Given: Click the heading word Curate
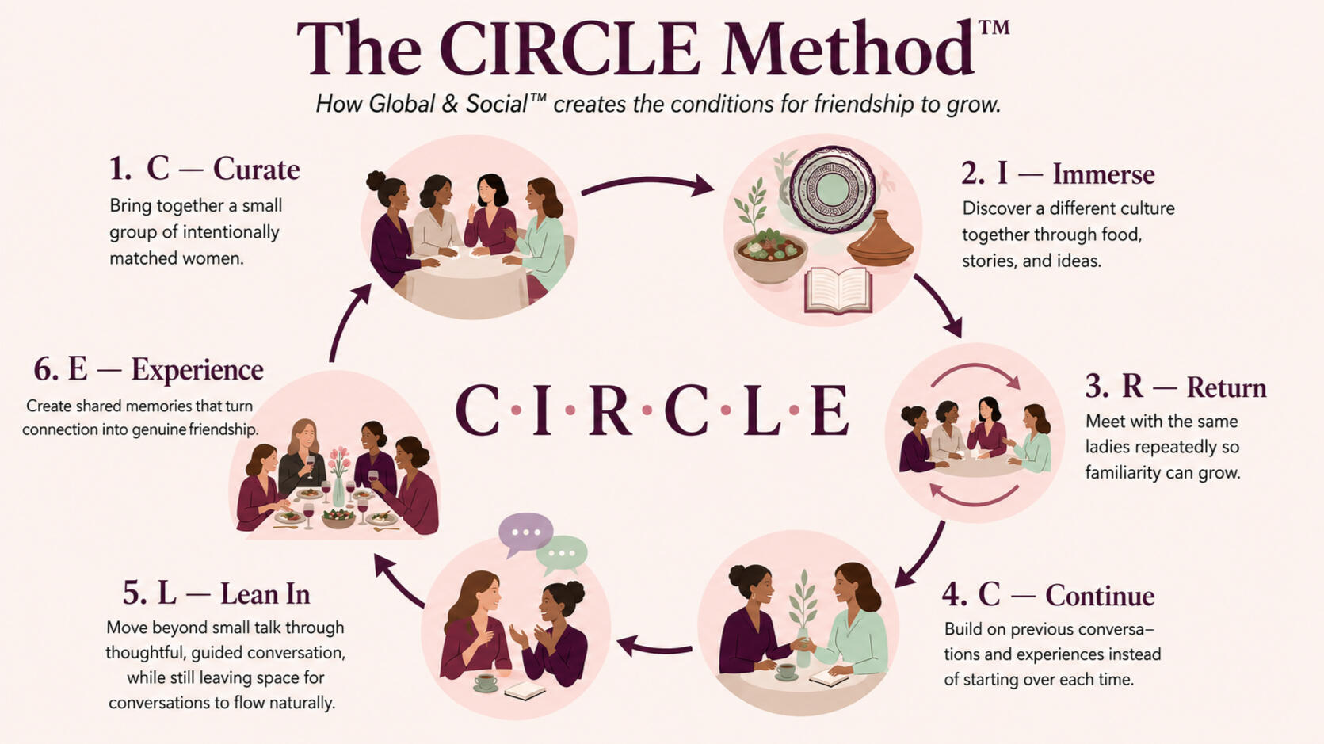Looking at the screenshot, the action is pos(256,169).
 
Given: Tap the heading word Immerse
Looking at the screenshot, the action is pos(1104,174).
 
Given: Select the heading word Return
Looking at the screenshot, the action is pos(1227,387).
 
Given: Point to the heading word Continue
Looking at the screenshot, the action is pos(1100,595).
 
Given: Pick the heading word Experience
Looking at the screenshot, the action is pos(197,370).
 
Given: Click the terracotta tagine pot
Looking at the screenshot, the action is pos(880,238).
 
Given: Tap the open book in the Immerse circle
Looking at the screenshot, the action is pos(838,290).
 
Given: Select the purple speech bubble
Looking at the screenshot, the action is pos(525,534).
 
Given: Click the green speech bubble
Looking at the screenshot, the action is pos(562,555).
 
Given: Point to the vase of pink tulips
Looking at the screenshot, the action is pos(338,476).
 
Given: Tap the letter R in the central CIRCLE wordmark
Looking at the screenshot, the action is pos(610,410).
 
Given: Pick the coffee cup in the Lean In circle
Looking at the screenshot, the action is pos(486,682).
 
